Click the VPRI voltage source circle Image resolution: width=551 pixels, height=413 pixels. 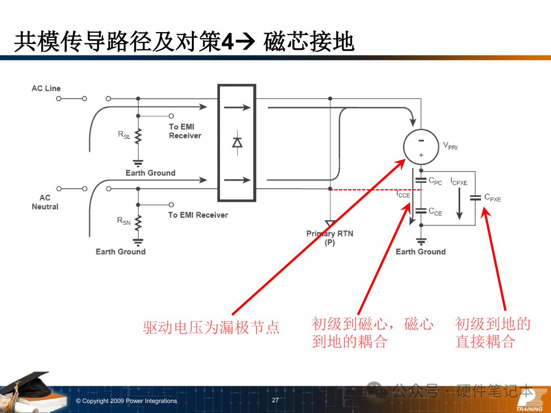[x=421, y=146]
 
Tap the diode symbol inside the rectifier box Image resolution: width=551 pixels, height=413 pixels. [x=237, y=142]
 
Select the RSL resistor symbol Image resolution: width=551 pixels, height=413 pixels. [x=138, y=136]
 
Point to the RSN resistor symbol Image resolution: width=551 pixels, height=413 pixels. [x=138, y=221]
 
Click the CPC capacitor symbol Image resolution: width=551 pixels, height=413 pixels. [x=421, y=180]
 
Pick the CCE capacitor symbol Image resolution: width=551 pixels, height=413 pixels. [x=421, y=210]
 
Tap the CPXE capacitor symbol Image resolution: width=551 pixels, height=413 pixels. [x=475, y=197]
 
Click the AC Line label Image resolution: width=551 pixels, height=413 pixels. [x=46, y=89]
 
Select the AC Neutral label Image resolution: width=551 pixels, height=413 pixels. [x=45, y=202]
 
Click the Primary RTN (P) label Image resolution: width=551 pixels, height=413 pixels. [x=330, y=238]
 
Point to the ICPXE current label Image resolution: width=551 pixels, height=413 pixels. [x=459, y=182]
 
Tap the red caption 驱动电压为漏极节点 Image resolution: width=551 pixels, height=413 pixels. [x=211, y=327]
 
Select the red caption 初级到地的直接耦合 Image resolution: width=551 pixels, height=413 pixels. [x=492, y=332]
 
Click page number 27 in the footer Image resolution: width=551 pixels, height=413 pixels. [x=275, y=400]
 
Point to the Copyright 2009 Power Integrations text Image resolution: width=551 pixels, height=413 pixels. [x=126, y=401]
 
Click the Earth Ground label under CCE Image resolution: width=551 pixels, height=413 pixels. [x=420, y=252]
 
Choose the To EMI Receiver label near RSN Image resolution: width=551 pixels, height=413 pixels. [x=198, y=215]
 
